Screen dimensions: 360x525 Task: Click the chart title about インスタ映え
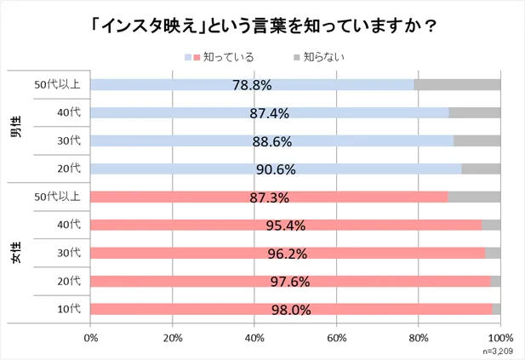[x=262, y=26]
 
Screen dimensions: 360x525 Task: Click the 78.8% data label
[x=251, y=85]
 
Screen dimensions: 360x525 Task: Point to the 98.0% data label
[x=291, y=310]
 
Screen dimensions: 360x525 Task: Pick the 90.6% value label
[x=276, y=169]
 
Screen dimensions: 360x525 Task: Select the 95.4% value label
[x=285, y=226]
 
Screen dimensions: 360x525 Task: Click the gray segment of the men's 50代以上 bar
[x=457, y=84]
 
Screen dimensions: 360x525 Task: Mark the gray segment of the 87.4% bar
[x=474, y=112]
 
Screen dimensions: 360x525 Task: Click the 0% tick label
[x=91, y=337]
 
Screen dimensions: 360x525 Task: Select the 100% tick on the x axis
[x=500, y=337]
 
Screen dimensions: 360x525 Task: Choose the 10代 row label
[x=68, y=309]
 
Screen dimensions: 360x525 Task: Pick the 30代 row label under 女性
[x=68, y=253]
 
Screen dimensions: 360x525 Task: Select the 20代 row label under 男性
[x=68, y=169]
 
